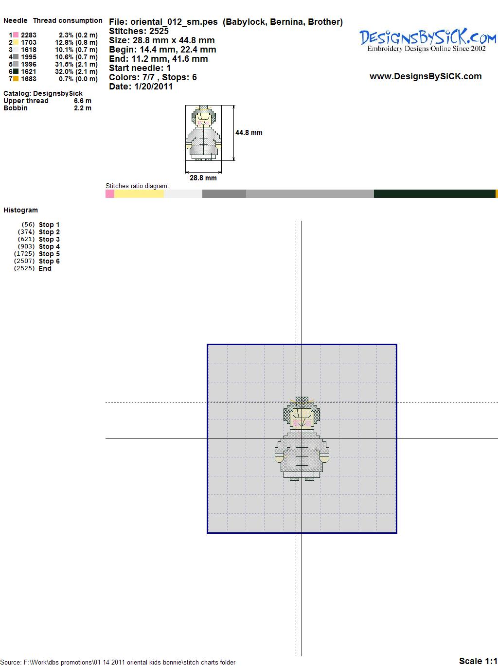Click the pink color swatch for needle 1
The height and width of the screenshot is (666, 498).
(16, 35)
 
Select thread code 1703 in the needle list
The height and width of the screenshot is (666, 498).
(29, 42)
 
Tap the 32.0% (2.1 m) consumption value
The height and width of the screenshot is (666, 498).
(76, 71)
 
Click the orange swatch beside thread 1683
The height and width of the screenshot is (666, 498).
(16, 79)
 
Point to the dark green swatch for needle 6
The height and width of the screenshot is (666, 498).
(16, 71)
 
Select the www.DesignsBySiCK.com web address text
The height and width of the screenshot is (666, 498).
(426, 76)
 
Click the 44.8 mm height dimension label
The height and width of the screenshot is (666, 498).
(249, 133)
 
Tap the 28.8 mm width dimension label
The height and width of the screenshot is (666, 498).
(203, 178)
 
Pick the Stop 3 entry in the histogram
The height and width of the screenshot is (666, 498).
(49, 239)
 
